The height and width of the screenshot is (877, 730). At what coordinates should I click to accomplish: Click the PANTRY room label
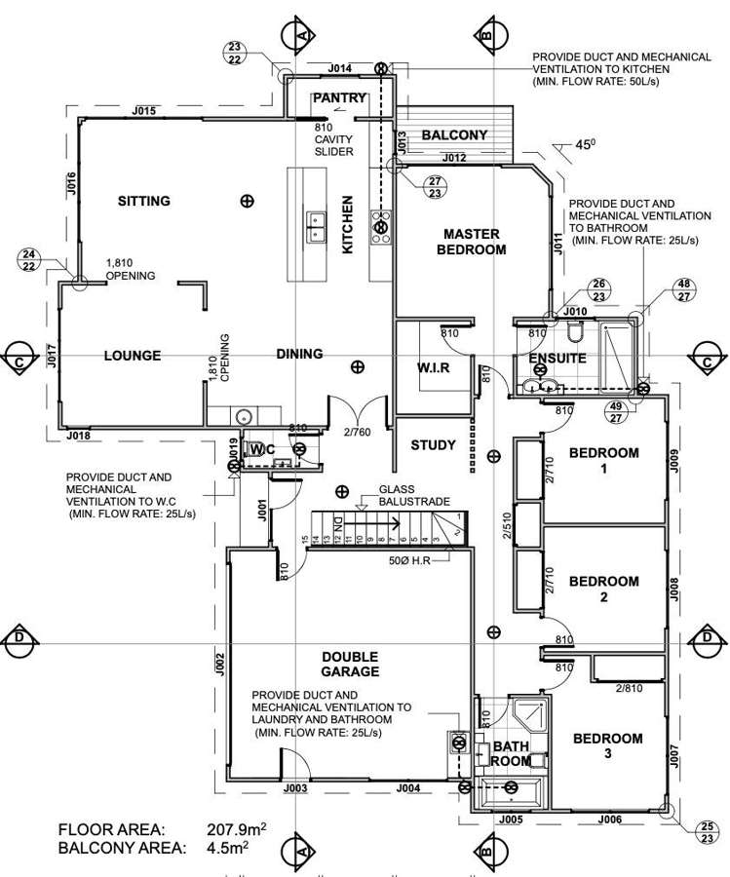(x=339, y=98)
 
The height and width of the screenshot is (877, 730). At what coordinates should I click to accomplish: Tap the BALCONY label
(x=453, y=135)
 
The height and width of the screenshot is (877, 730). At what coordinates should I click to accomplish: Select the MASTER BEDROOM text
(x=472, y=242)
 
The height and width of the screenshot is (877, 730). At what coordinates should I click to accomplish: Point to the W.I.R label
(x=435, y=368)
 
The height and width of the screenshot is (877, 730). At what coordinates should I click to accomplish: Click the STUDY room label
(x=433, y=445)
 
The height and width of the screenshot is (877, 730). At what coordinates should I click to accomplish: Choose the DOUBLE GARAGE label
(x=350, y=665)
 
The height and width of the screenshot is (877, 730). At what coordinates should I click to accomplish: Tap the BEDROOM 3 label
(x=607, y=746)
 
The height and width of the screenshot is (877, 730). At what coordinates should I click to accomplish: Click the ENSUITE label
(x=557, y=359)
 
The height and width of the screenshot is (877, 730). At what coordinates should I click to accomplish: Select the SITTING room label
(x=144, y=202)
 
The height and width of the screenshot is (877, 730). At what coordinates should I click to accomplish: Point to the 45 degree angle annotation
(x=584, y=145)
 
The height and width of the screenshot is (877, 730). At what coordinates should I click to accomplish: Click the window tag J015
(x=143, y=112)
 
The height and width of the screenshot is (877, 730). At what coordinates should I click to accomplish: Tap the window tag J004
(x=408, y=788)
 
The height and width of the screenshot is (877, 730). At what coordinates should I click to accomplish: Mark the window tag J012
(x=453, y=158)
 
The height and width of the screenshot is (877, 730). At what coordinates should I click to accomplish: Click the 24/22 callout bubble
(x=29, y=259)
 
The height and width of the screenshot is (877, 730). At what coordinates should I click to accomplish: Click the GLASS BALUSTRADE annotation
(x=414, y=495)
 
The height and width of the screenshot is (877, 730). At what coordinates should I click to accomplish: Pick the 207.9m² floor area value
(x=237, y=830)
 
